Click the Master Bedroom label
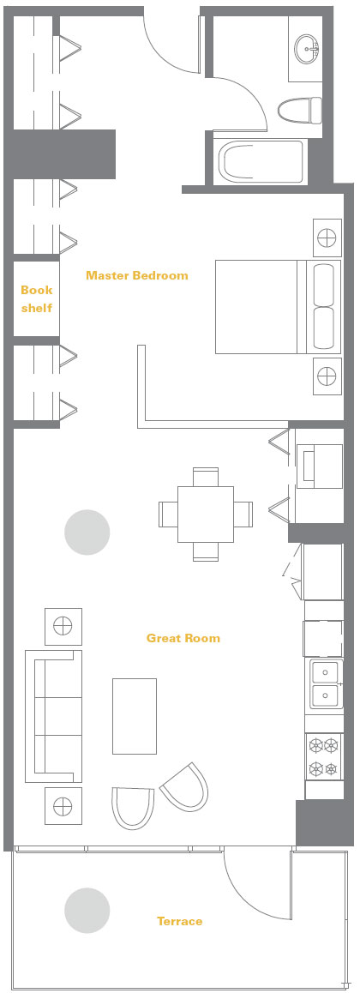coord(136,275)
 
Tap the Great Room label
coord(183,638)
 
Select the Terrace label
coord(180,921)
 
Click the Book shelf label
coord(37,299)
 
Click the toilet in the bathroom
coord(300,110)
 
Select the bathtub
coord(261,161)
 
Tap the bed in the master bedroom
coord(278,306)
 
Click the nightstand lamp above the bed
coord(327,238)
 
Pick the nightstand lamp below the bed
coord(327,376)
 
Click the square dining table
coord(206,515)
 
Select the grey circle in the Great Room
coord(87,533)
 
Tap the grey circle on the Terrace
coord(87,911)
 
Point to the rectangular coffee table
coord(135,716)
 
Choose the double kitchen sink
coord(325,684)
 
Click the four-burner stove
coord(324,757)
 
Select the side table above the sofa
coord(63,626)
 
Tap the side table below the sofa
coord(63,806)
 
